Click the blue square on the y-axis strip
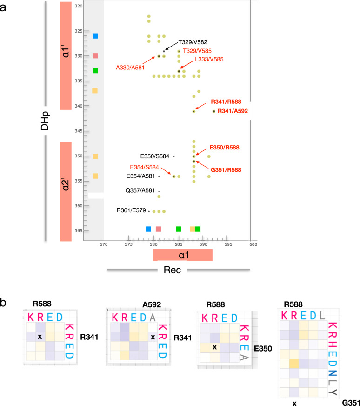point(95,36)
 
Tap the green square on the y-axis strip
point(95,71)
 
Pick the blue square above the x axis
point(148,229)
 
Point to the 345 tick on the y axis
point(78,131)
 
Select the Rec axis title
point(178,270)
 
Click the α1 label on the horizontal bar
point(182,255)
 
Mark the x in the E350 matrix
point(214,347)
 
